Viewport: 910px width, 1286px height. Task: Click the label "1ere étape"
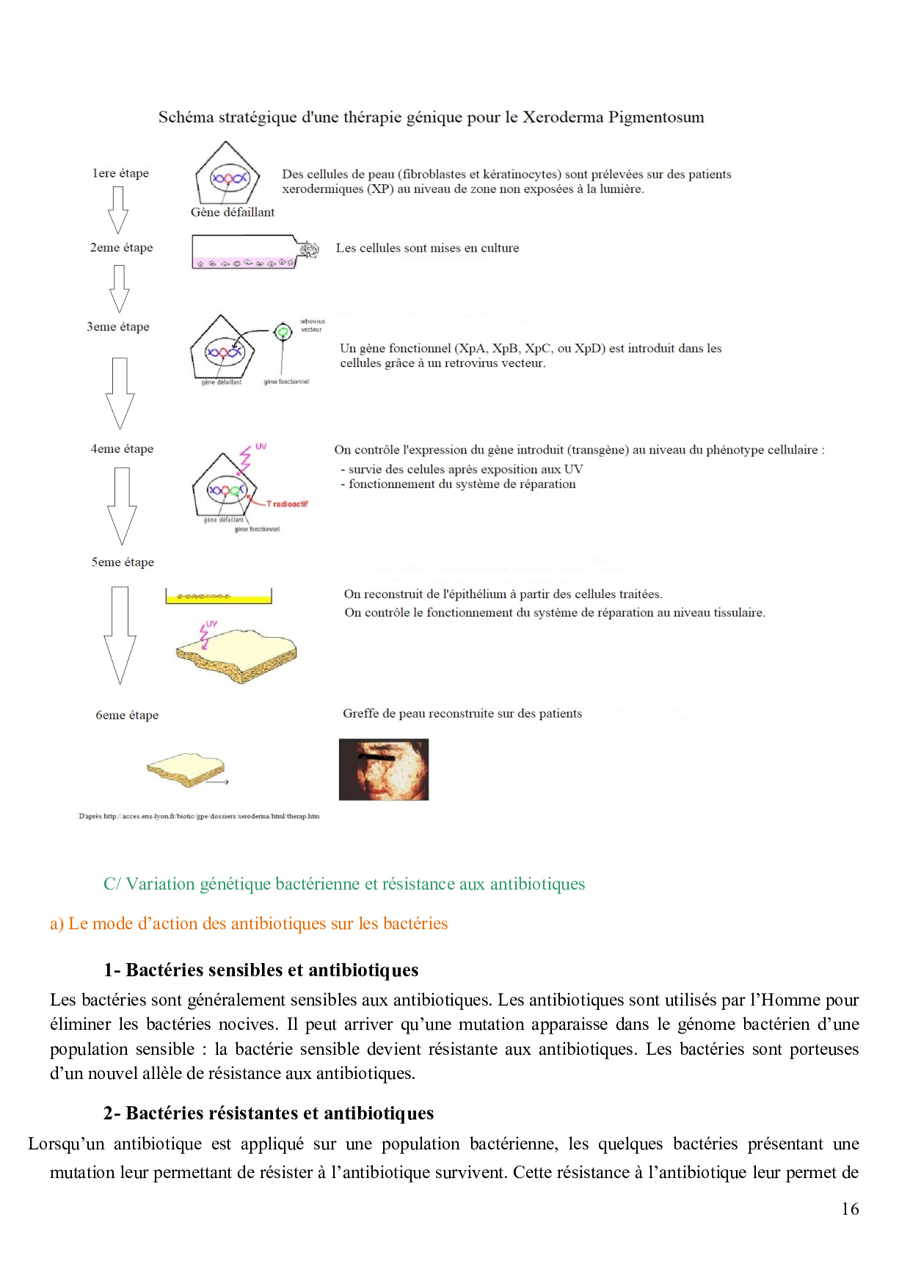pos(120,174)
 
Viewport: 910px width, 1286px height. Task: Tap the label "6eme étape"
pos(127,716)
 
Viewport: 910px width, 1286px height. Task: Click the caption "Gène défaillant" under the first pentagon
pos(233,212)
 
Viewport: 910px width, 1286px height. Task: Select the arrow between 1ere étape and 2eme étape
pos(117,210)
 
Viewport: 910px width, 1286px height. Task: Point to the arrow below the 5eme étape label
pos(120,635)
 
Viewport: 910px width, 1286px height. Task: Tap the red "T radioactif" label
pos(287,504)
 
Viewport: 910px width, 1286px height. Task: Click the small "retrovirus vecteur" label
pos(312,326)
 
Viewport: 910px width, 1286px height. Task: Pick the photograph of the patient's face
pos(383,769)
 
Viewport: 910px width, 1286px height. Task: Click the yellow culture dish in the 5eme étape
pos(218,596)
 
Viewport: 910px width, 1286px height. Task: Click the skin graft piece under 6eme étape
pos(186,769)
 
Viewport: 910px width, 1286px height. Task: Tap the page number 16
pos(850,1209)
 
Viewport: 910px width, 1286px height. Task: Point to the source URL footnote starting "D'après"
pos(199,816)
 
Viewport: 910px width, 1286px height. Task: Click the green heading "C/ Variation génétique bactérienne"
pos(344,884)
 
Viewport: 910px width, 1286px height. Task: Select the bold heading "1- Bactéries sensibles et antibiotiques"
pos(261,970)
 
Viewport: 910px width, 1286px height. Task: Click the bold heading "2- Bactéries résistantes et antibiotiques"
pos(268,1114)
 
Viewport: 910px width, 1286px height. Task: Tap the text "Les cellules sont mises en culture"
pos(427,248)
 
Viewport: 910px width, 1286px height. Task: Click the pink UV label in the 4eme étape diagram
pos(261,446)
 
